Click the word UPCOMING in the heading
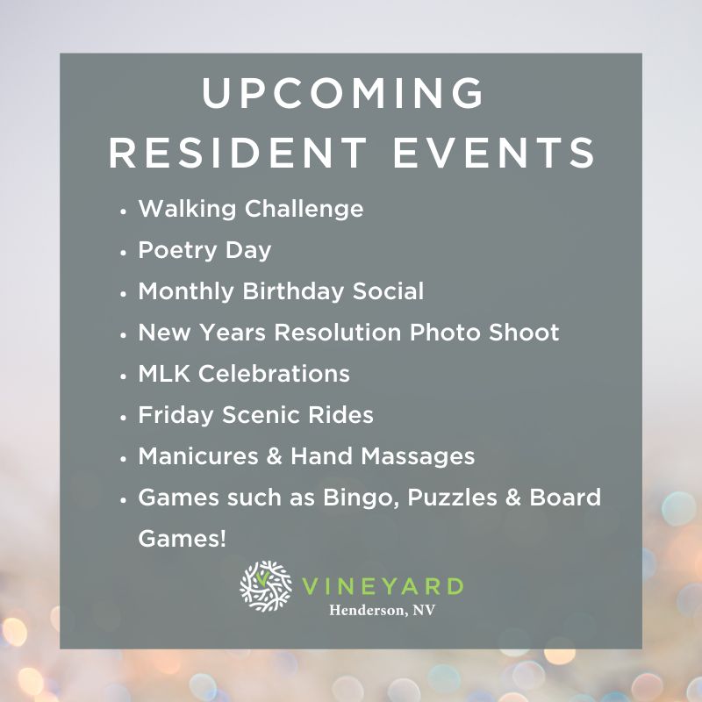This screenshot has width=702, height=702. [343, 92]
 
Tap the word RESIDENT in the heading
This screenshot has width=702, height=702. [238, 152]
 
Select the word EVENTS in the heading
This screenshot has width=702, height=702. [494, 152]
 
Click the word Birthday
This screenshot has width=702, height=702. [293, 291]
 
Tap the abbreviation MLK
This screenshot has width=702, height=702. [164, 374]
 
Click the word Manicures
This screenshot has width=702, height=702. [198, 456]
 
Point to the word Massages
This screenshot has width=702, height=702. [418, 456]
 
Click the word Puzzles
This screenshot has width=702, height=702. [452, 498]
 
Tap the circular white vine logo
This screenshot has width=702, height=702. [266, 586]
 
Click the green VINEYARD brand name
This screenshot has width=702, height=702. [383, 586]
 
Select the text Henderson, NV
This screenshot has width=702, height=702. [382, 610]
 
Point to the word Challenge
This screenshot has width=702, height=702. [304, 210]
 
